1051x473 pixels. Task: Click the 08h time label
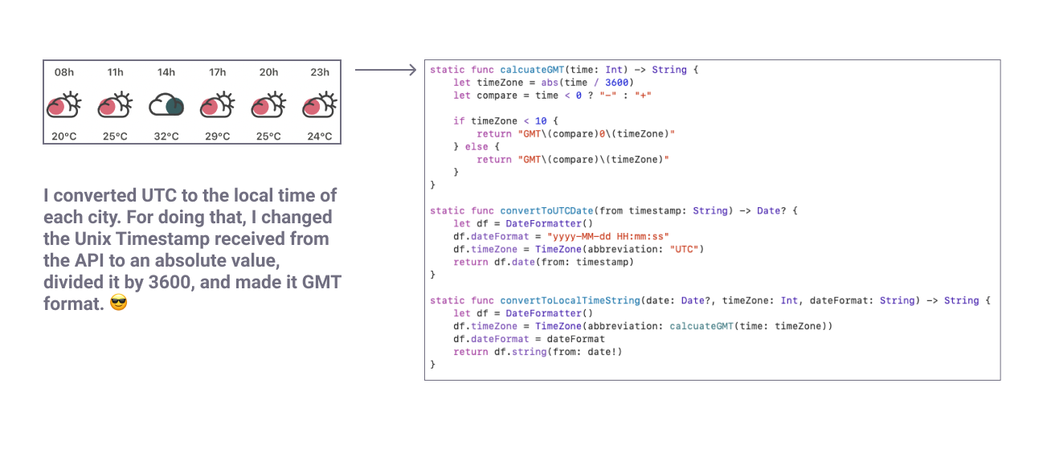[x=64, y=72]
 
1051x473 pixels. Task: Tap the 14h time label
[x=166, y=72]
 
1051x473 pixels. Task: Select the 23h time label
[x=320, y=72]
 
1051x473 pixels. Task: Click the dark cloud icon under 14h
[x=166, y=104]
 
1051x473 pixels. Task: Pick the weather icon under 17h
[x=217, y=104]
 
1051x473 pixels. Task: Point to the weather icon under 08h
[x=64, y=104]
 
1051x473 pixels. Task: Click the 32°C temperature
[x=166, y=137]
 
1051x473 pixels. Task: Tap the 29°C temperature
[x=217, y=137]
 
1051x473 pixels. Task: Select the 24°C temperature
[x=320, y=137]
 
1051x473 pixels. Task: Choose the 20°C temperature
[x=64, y=137]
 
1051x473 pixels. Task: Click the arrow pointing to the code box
[x=386, y=70]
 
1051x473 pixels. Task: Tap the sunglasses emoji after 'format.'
[x=119, y=305]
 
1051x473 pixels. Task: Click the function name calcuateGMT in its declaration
[x=532, y=70]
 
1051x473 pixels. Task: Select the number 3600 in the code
[x=618, y=83]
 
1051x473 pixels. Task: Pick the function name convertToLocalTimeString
[x=570, y=300]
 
